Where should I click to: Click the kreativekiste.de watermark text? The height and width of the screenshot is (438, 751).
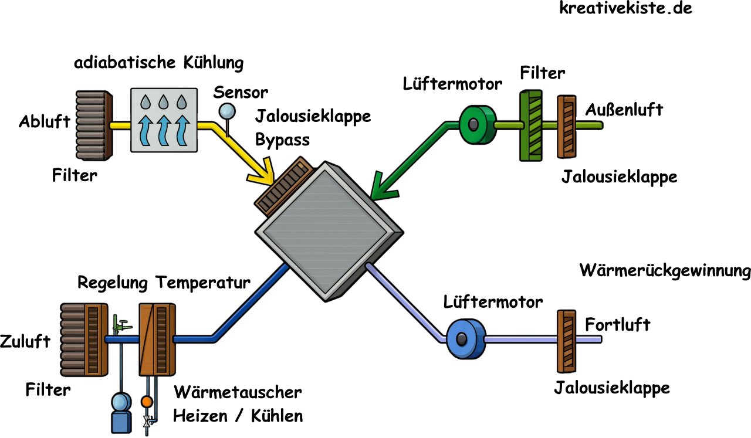[625, 9]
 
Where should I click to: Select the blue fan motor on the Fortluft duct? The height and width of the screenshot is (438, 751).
[465, 339]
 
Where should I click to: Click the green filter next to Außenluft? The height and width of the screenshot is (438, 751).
[533, 125]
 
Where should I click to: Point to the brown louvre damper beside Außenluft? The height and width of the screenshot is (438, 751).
[567, 127]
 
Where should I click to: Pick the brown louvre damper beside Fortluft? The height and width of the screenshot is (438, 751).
[566, 341]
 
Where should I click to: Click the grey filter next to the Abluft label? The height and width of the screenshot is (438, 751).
[94, 125]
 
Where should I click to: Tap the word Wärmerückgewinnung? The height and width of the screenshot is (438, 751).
[665, 271]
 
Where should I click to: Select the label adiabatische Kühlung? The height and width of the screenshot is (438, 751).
[158, 63]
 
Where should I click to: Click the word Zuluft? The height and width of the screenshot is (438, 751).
[26, 341]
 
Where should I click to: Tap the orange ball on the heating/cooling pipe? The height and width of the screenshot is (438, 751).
[146, 402]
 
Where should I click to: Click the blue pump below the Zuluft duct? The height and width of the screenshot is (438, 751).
[121, 413]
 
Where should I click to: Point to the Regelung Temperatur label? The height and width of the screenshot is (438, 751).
[164, 283]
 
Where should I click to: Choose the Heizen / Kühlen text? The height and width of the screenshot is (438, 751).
[238, 416]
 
